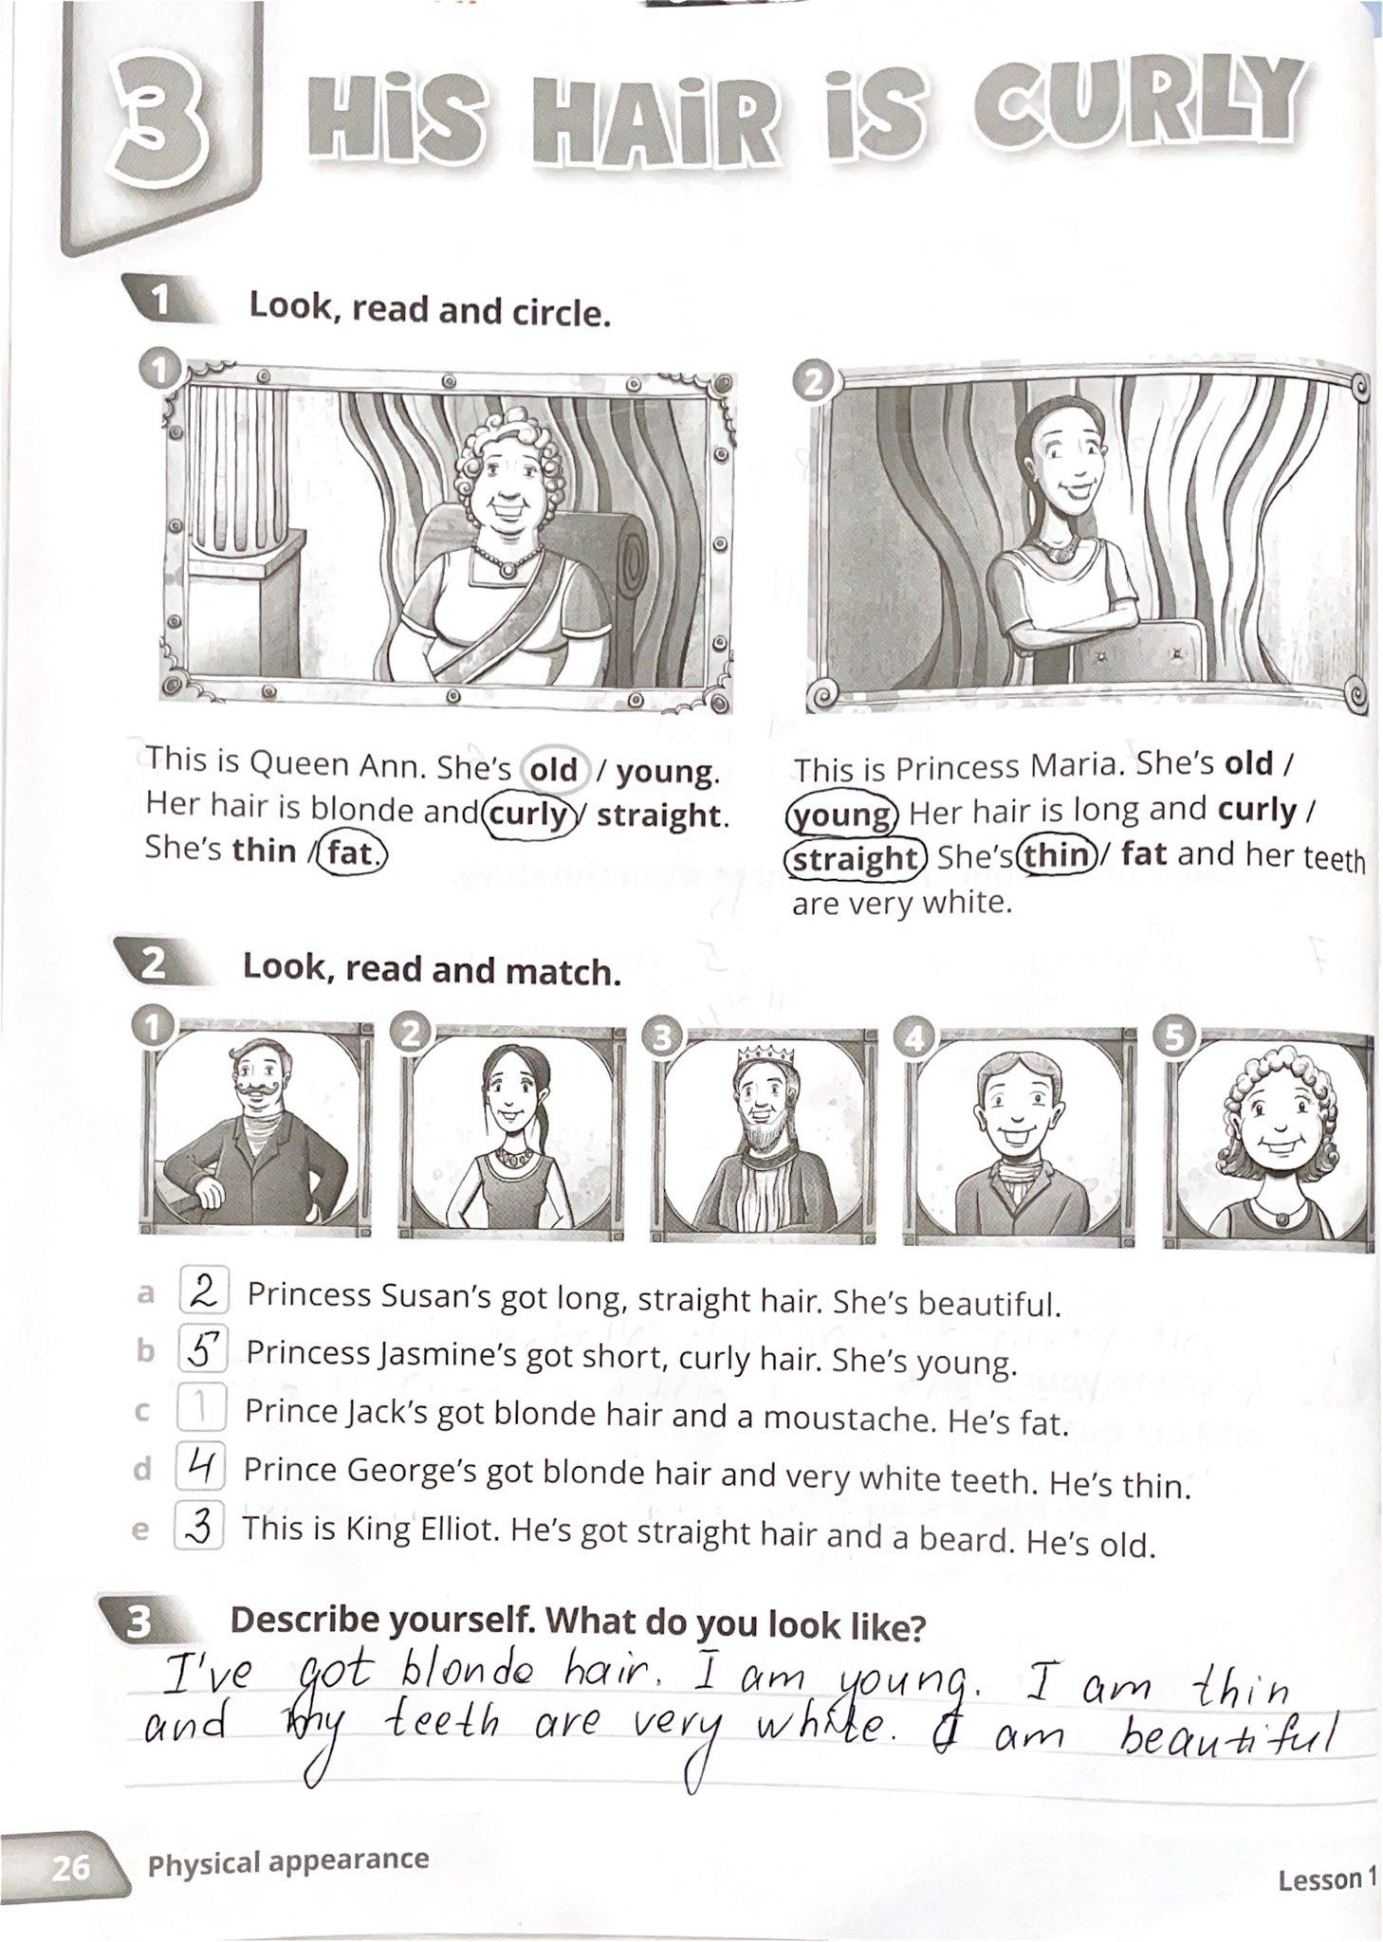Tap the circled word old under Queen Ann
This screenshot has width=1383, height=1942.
[x=554, y=769]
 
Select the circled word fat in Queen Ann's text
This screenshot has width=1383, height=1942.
[x=352, y=852]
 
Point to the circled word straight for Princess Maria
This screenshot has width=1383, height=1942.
[x=855, y=857]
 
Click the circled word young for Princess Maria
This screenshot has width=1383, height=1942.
[x=841, y=814]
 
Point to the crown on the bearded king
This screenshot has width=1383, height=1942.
[x=757, y=1055]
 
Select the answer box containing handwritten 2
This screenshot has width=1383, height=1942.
[x=203, y=1292]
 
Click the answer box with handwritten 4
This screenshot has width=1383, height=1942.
[x=199, y=1469]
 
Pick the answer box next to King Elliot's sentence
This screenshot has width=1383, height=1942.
[x=198, y=1528]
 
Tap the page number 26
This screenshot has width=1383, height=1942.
[x=70, y=1867]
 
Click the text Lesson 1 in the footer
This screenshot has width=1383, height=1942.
[x=1325, y=1878]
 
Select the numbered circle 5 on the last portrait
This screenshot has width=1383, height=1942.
[x=1174, y=1037]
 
